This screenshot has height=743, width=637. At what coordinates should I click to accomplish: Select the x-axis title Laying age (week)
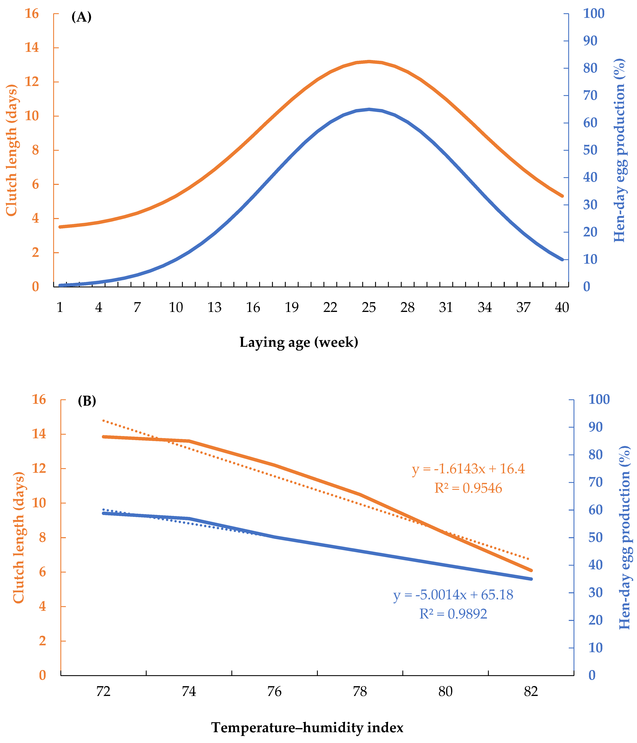pyautogui.click(x=299, y=342)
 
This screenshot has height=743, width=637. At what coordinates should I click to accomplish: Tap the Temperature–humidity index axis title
pyautogui.click(x=307, y=728)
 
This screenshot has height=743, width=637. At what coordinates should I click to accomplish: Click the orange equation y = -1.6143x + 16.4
pyautogui.click(x=468, y=469)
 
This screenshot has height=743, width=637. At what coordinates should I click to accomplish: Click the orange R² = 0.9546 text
pyautogui.click(x=468, y=488)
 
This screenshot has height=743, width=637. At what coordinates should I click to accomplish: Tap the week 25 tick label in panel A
pyautogui.click(x=369, y=308)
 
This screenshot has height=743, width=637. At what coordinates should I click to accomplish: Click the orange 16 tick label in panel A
pyautogui.click(x=32, y=14)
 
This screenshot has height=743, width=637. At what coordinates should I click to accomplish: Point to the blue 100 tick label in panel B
pyautogui.click(x=599, y=399)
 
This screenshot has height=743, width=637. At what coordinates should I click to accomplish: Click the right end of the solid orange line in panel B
pyautogui.click(x=531, y=570)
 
